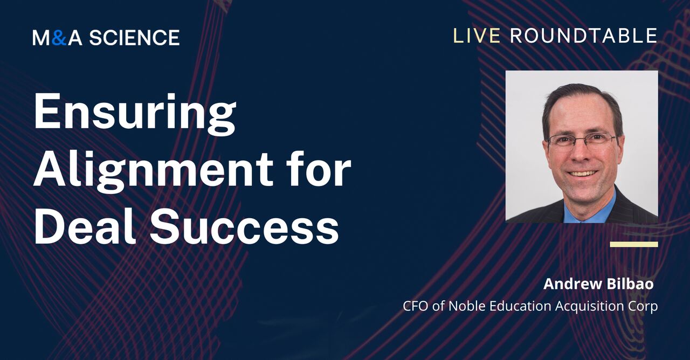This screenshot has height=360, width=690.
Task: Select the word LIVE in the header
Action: (x=477, y=36)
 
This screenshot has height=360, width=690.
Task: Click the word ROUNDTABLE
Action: (x=583, y=36)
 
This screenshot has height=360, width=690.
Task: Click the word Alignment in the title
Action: (x=153, y=169)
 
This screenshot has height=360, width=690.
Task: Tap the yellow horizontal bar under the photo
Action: (x=633, y=244)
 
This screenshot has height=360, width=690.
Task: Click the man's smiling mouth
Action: (x=583, y=174)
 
